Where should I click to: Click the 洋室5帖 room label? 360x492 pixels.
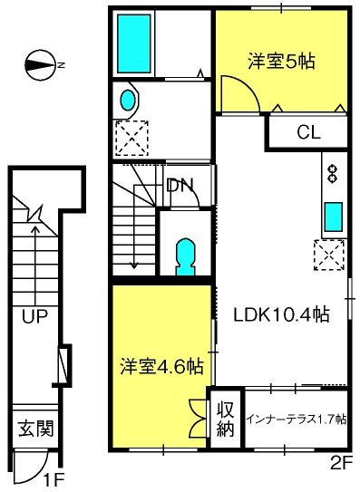point(281,62)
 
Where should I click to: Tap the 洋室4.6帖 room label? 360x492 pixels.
point(161,365)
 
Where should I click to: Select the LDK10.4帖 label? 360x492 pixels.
point(281,314)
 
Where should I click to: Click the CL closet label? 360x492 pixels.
point(308,132)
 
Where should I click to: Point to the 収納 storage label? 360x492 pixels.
point(226,420)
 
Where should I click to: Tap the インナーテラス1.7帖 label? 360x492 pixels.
point(297,420)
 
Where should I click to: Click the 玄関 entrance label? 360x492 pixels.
point(35,429)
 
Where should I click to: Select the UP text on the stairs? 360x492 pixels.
point(34,316)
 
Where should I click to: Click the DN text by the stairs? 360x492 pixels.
point(180,186)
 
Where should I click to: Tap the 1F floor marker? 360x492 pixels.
point(54,479)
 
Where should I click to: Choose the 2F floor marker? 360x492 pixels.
point(340,463)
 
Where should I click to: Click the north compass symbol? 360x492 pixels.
point(41,65)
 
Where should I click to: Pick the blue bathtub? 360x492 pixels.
point(134,43)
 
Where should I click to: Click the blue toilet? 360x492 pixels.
point(185,257)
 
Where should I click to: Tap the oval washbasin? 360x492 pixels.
point(128,100)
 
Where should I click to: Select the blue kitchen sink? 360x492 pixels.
point(334,217)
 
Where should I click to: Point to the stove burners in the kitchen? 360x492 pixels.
point(333,174)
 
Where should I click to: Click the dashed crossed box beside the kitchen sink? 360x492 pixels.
point(329,255)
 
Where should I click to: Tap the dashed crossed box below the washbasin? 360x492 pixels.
point(131,138)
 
